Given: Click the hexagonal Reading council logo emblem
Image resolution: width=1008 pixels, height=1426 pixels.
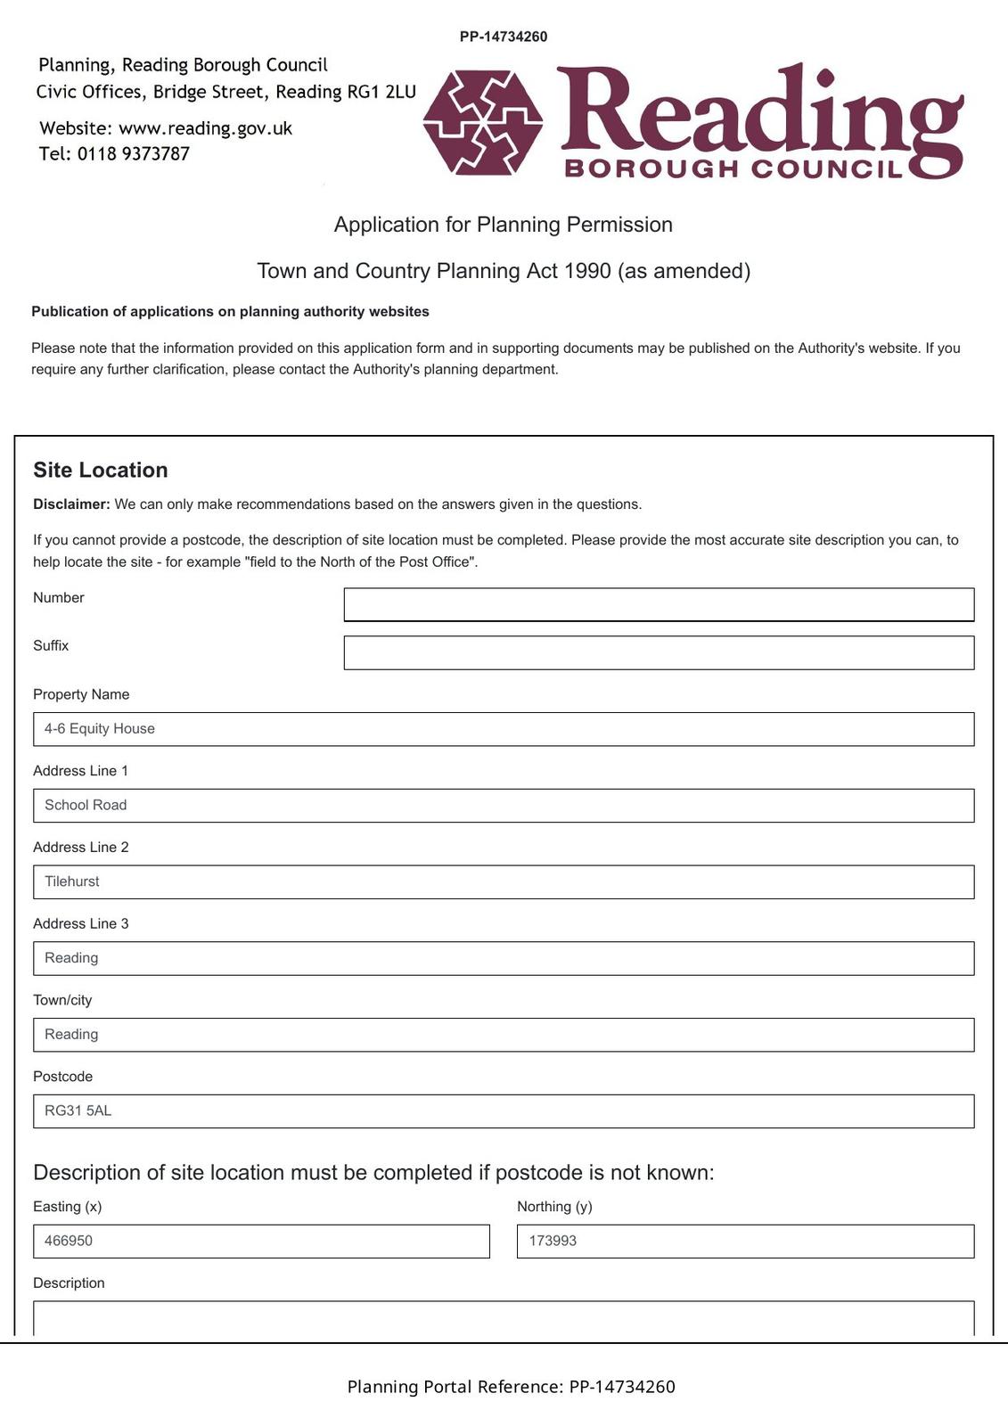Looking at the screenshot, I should coord(483,122).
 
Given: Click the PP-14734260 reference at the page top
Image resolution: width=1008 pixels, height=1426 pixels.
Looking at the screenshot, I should coord(504,37).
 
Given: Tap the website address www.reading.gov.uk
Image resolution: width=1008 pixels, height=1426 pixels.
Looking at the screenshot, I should coord(205,128).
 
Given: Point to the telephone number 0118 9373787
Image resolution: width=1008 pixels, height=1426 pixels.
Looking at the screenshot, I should coord(134,154).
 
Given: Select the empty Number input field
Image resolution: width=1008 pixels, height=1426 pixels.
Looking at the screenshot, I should coord(659,604).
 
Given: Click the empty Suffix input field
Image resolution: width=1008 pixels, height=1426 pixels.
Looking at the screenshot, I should coord(659,652).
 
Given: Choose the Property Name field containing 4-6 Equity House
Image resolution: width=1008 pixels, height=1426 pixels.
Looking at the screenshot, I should coord(504,729).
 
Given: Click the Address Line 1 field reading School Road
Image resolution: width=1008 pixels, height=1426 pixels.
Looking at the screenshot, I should coord(504,806).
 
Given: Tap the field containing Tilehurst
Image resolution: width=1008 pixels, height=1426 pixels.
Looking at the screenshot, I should coord(504,882).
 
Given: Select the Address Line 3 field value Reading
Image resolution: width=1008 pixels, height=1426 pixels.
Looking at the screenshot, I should coord(504,958).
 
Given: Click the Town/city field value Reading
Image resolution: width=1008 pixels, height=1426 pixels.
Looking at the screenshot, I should coord(504,1035).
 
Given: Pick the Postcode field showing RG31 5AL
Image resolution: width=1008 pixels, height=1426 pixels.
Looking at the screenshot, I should coord(504,1111).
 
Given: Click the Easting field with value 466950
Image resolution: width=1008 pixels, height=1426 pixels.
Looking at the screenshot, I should coord(261,1242).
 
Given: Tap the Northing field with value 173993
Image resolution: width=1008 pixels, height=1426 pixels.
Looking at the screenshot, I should coord(745,1242).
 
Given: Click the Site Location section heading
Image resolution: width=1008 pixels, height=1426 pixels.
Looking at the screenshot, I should coord(101,471).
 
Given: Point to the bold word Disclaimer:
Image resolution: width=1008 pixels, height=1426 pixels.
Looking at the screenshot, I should coord(71,504).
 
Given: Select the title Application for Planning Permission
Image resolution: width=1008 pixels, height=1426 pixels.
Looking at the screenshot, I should coord(504,225).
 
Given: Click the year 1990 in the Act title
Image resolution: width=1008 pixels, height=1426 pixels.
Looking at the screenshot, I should coord(587,271).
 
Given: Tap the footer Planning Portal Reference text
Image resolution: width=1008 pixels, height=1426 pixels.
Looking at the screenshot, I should coord(511,1387).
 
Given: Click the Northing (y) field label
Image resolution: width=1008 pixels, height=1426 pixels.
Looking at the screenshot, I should coord(554,1207).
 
